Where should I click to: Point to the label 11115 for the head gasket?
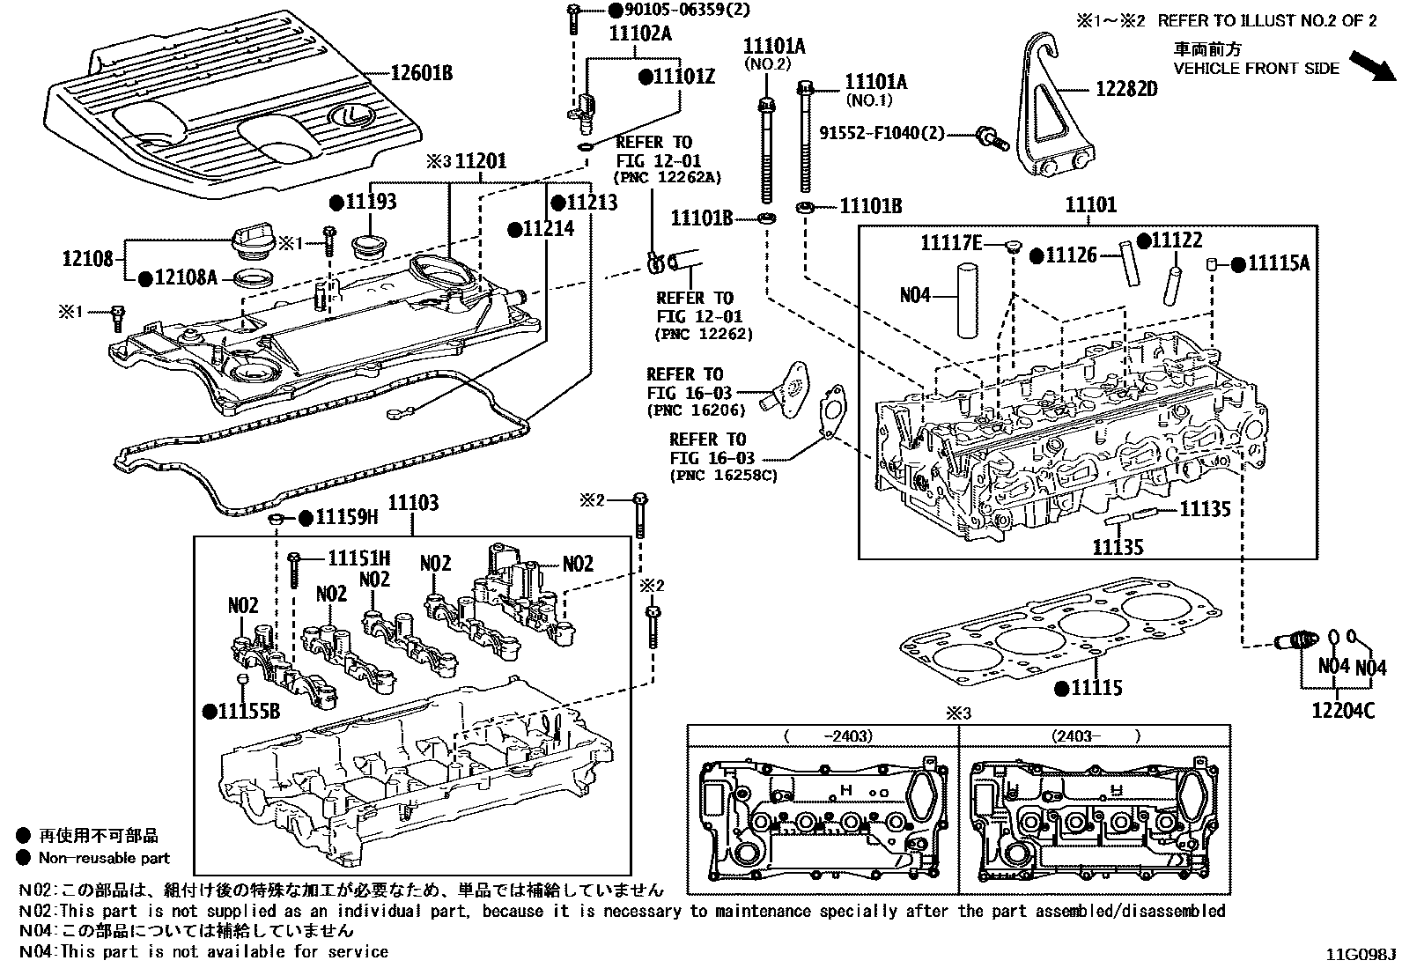pos(1096,687)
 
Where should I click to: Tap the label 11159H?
pos(346,517)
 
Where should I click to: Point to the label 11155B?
pos(249,711)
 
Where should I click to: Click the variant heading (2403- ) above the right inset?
pos(1095,735)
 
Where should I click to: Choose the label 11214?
pos(547,229)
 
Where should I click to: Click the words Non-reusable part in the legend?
pos(104,858)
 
